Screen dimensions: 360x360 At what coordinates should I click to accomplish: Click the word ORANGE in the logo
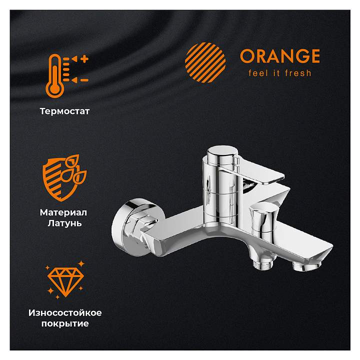(x=280, y=56)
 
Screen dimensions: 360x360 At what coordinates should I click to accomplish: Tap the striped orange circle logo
(x=205, y=62)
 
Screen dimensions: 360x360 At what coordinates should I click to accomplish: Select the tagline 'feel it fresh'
(x=280, y=73)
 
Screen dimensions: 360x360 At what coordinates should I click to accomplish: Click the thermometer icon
(x=55, y=76)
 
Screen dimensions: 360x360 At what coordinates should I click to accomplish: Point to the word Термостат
(x=64, y=111)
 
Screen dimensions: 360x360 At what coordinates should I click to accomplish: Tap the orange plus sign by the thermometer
(x=84, y=59)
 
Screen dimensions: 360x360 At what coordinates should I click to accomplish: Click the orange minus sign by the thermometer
(x=84, y=80)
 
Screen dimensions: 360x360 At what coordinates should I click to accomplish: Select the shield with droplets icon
(x=64, y=178)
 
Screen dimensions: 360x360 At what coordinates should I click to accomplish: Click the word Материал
(x=63, y=212)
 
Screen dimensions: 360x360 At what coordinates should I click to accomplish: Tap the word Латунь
(x=64, y=223)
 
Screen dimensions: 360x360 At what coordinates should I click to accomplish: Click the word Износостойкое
(x=65, y=312)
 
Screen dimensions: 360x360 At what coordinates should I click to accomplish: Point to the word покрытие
(x=65, y=323)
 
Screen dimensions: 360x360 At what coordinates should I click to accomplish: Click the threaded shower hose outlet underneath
(x=263, y=264)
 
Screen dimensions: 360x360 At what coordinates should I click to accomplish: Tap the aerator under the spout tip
(x=306, y=266)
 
